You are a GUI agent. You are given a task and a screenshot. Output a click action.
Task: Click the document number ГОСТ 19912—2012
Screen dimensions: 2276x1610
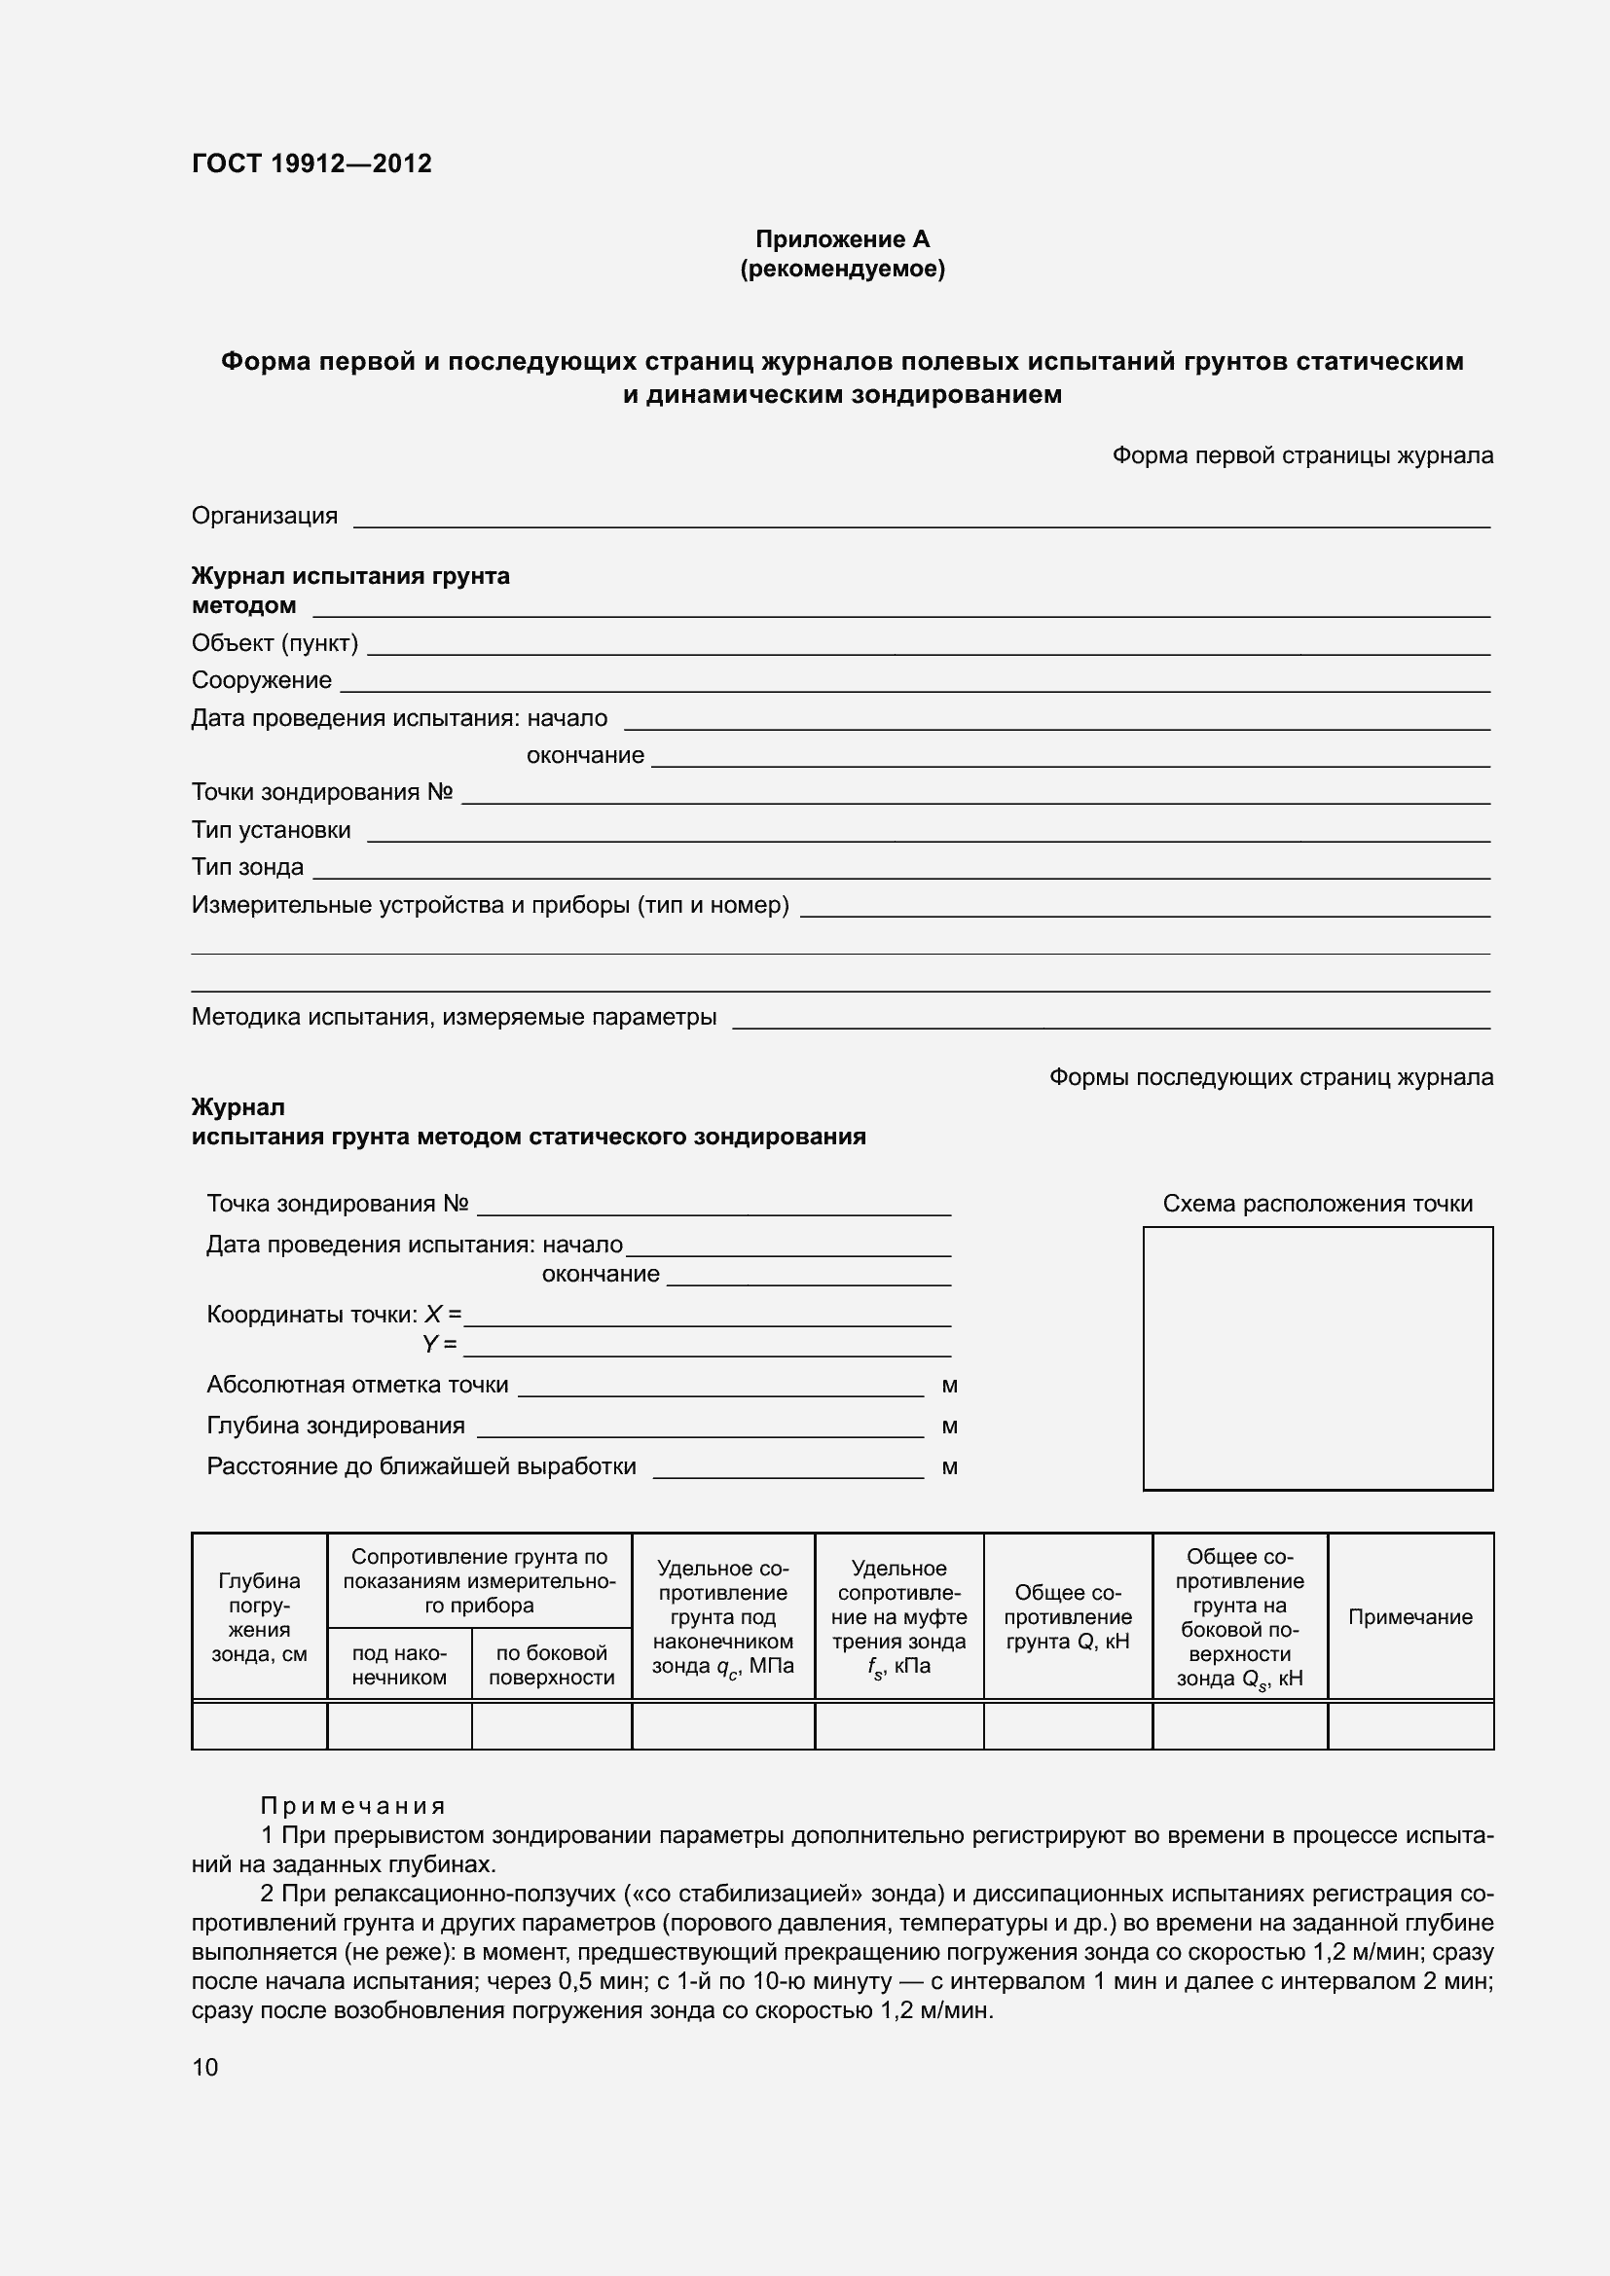tap(311, 163)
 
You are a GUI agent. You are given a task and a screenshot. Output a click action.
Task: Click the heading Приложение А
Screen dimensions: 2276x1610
tap(842, 239)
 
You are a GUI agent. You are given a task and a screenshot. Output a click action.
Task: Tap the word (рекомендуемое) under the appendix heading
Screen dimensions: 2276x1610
tap(842, 269)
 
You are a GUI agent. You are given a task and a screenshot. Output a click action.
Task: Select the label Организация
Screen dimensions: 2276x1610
tap(264, 516)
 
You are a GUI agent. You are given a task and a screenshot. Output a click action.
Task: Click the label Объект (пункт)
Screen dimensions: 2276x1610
tap(274, 643)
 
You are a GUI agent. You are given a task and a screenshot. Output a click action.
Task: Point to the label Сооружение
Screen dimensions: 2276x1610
tap(261, 680)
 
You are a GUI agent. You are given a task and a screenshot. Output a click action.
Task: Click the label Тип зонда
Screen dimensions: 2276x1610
tap(247, 866)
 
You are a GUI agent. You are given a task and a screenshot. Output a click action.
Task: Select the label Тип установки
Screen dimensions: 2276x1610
tap(271, 830)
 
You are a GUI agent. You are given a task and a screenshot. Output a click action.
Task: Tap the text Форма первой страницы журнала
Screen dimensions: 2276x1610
tap(1301, 455)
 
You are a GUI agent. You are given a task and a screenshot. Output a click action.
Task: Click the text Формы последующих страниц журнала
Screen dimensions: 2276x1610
tap(1270, 1076)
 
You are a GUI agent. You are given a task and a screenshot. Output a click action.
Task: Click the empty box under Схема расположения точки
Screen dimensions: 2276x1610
tap(1318, 1357)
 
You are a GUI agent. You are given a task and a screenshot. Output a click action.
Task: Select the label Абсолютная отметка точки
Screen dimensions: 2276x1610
tap(357, 1385)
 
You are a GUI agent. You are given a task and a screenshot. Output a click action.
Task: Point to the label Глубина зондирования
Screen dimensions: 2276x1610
tap(335, 1426)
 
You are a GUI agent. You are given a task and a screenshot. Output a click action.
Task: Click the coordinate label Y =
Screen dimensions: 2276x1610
tap(439, 1344)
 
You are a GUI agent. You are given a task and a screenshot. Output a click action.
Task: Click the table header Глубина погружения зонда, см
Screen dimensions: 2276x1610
tap(259, 1617)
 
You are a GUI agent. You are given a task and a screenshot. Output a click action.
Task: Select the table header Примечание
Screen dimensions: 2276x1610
tap(1409, 1617)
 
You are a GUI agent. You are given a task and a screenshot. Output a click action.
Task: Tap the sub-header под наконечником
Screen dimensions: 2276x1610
tap(398, 1664)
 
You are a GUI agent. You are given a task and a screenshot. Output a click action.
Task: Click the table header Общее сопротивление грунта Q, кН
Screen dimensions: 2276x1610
tap(1067, 1617)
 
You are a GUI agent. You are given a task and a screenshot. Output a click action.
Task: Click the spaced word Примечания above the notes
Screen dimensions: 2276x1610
tap(352, 1805)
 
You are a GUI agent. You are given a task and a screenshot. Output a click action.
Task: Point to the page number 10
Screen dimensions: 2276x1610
tap(205, 2067)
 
